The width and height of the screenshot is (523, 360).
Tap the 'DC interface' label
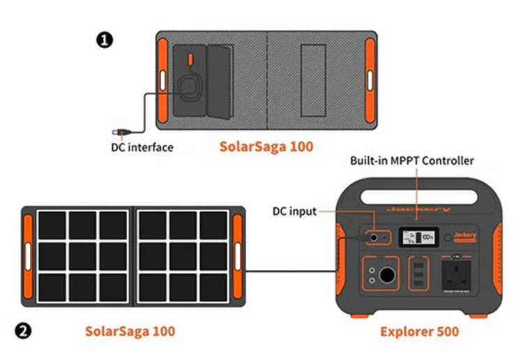pos(142,147)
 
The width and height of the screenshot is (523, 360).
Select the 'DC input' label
pos(294,211)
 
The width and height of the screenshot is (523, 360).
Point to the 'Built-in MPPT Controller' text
pos(411,161)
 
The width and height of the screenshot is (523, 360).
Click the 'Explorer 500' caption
pos(419,331)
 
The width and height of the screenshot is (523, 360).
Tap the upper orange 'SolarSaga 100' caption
pos(266,147)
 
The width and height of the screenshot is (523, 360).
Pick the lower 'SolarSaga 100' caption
pos(130,331)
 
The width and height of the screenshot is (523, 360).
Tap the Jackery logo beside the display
pos(465,236)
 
